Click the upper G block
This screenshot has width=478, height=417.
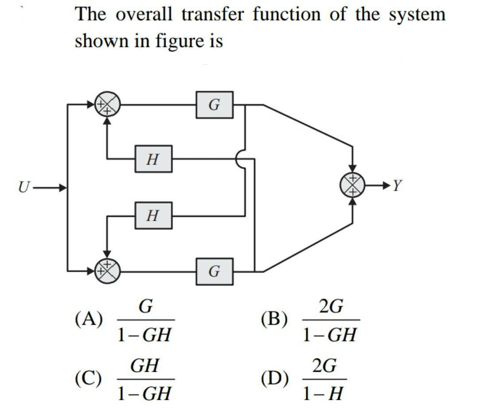pos(215,105)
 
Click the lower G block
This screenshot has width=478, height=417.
pos(215,271)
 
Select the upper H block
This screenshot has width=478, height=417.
pos(153,159)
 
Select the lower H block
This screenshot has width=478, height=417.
pos(153,216)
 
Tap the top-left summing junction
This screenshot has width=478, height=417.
pos(107,105)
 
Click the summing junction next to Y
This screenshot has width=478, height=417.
pos(353,185)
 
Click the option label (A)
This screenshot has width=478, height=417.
pos(89,319)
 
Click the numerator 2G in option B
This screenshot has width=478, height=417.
pos(330,307)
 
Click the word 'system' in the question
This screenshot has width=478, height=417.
pos(417,15)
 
